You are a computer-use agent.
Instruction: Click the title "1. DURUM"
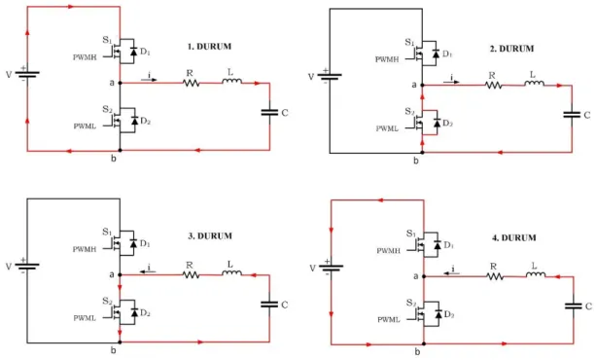click(209, 47)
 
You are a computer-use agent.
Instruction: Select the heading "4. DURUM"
click(514, 237)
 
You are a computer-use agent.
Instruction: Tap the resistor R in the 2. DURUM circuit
click(493, 86)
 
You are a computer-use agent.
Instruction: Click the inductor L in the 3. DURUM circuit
click(231, 272)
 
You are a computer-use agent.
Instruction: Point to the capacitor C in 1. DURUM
click(270, 112)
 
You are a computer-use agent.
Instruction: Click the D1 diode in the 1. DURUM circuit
click(133, 52)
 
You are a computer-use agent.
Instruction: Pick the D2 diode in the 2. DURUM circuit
click(438, 123)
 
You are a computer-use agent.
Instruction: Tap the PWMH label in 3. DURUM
click(85, 249)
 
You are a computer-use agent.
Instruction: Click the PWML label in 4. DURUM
click(389, 320)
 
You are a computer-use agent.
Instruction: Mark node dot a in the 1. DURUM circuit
click(121, 83)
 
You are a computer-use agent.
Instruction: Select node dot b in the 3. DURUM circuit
click(120, 342)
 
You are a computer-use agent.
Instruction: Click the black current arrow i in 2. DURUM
click(451, 82)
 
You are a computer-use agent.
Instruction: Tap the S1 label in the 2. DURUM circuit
click(409, 42)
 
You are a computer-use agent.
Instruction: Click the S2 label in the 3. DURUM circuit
click(107, 301)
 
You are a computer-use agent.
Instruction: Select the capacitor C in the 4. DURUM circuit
click(574, 306)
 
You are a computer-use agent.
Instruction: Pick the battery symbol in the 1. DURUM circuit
click(27, 73)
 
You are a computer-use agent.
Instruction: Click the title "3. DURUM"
click(209, 235)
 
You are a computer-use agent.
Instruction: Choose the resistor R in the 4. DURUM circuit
click(495, 276)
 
